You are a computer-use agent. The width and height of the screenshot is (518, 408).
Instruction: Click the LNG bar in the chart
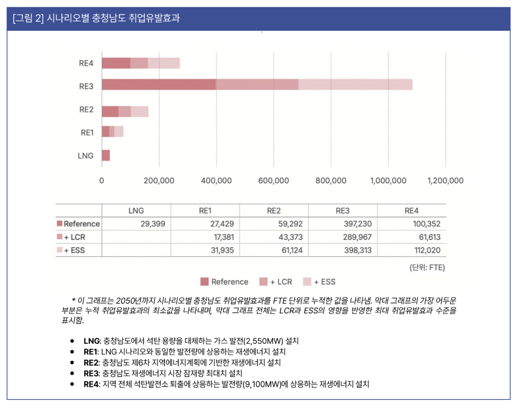point(106,156)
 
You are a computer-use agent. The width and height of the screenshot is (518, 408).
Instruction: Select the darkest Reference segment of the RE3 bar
point(159,85)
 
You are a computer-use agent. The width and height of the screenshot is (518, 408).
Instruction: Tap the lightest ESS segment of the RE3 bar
point(355,85)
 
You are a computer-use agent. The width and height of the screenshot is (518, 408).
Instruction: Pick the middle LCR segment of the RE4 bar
point(139,63)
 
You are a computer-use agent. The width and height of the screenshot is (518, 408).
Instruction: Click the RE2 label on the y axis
point(86,109)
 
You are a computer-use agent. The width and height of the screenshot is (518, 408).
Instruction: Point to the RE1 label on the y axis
point(87,132)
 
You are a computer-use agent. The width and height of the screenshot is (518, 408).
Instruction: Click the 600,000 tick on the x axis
point(274,181)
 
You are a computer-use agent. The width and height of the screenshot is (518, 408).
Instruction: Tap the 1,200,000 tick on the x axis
point(445,181)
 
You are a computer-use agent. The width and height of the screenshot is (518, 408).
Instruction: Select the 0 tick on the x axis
point(102,181)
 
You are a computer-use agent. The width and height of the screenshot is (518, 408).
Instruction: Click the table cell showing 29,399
point(153,224)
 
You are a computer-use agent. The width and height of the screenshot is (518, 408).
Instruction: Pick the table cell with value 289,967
point(357,237)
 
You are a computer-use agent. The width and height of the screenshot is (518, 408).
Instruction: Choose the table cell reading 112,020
point(427,250)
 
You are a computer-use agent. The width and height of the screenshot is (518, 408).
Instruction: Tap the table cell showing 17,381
point(223,237)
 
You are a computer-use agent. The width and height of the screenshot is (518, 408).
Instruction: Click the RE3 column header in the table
point(342,211)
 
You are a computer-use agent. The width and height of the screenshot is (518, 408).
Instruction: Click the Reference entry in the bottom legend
point(229,282)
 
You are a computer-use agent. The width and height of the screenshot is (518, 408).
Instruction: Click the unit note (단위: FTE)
point(427,267)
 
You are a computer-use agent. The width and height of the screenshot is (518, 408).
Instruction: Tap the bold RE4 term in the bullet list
point(91,384)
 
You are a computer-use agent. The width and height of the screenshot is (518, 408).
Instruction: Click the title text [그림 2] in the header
point(28,18)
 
